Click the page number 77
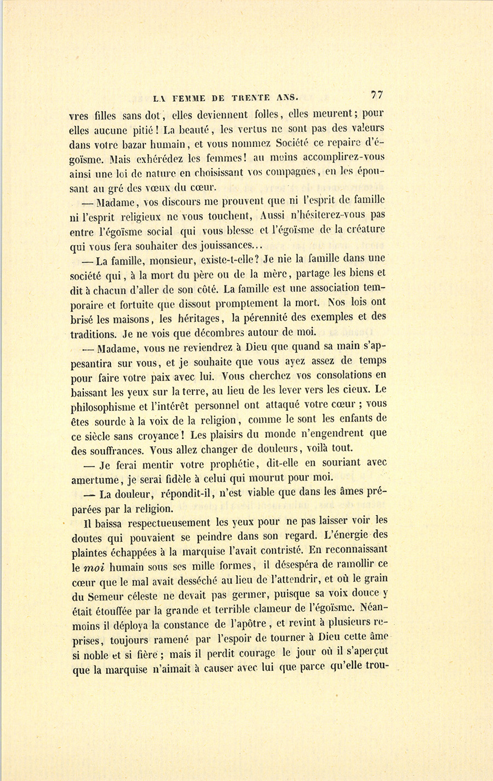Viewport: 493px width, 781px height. pyautogui.click(x=376, y=94)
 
